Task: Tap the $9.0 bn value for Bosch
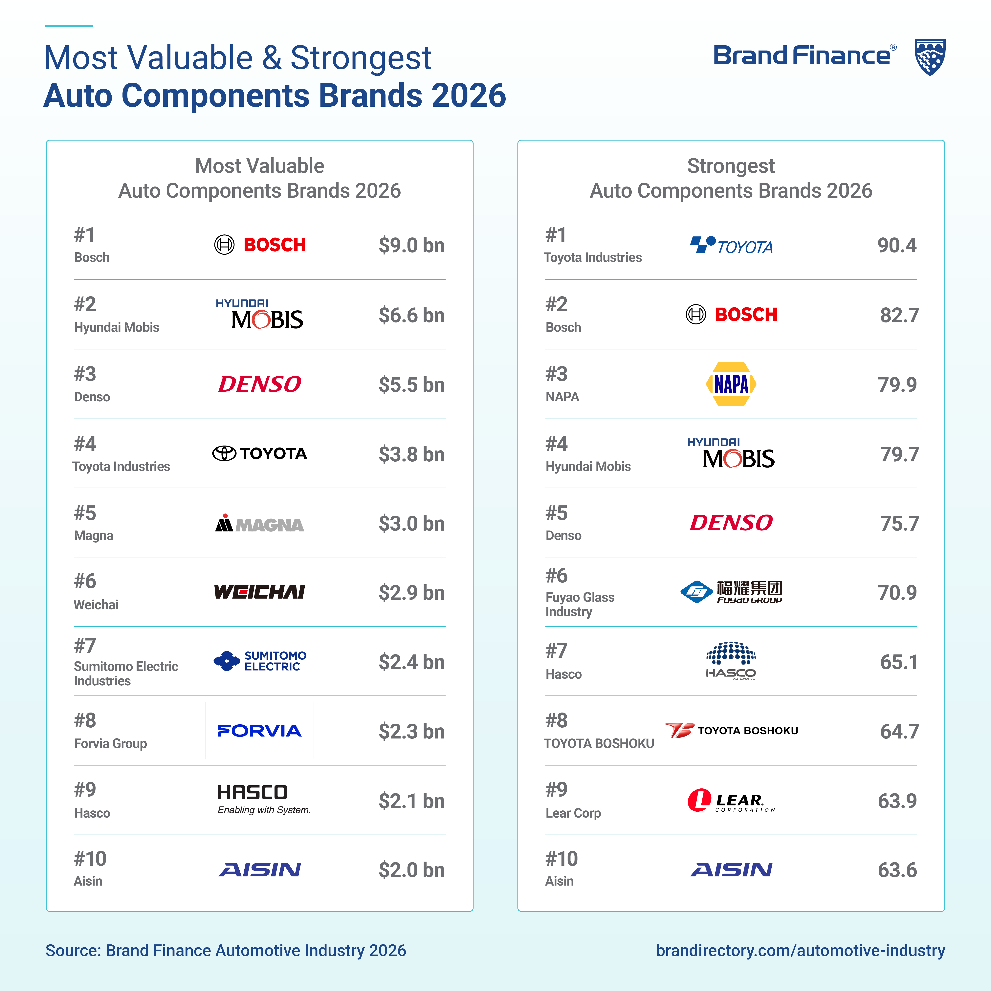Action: (411, 245)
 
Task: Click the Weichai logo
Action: (260, 592)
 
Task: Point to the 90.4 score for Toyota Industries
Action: (897, 245)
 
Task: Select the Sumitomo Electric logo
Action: (260, 661)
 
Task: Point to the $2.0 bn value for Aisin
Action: (411, 870)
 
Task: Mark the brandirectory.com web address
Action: (800, 951)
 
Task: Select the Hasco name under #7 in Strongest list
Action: (563, 674)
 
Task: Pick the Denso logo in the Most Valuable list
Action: (260, 384)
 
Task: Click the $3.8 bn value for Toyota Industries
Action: (411, 454)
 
